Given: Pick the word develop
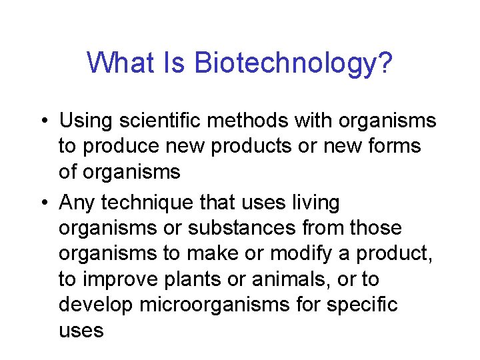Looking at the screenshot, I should (96, 305).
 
